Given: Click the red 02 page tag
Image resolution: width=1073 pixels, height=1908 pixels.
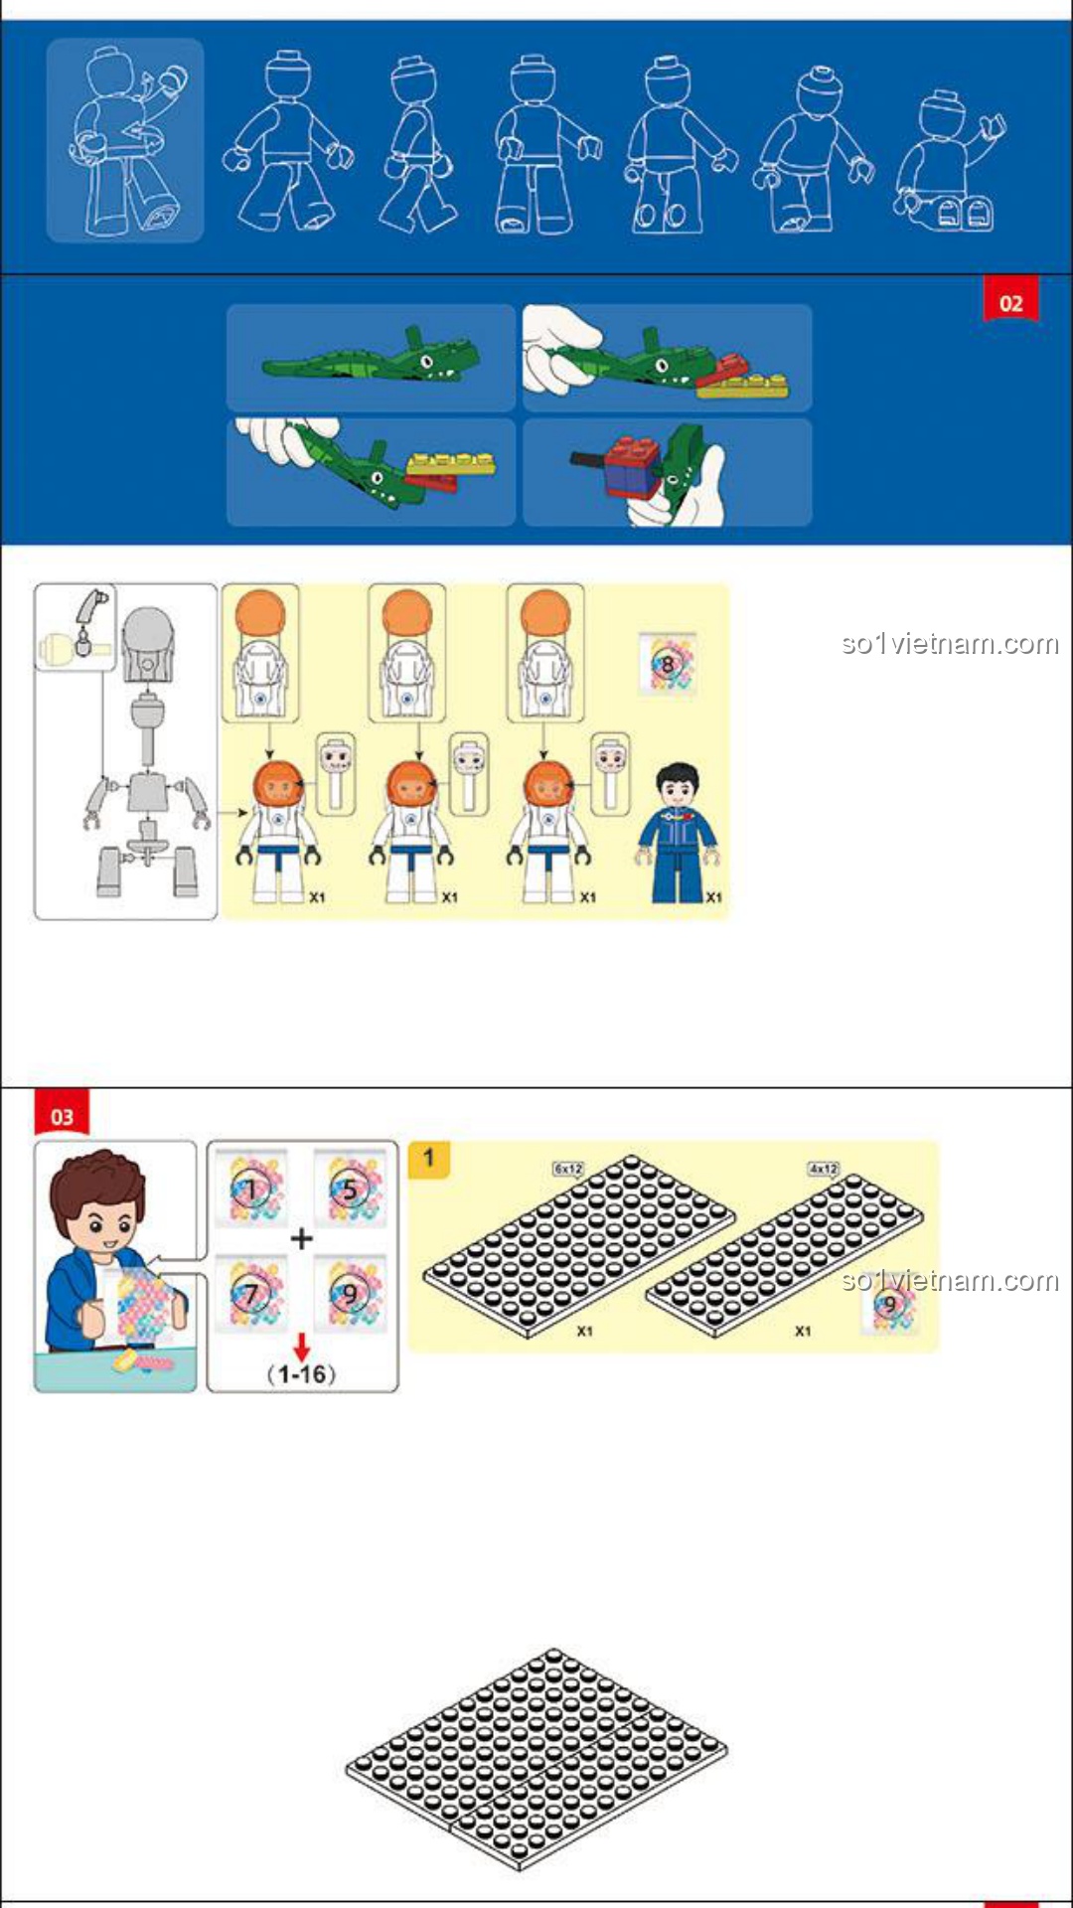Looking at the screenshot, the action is pyautogui.click(x=1010, y=301).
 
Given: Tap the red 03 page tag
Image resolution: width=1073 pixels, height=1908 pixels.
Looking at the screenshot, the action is pyautogui.click(x=62, y=1114).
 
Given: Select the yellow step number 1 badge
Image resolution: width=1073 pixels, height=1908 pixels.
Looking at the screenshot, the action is pyautogui.click(x=429, y=1159).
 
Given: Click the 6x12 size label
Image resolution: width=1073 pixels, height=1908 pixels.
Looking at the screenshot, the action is pyautogui.click(x=568, y=1169).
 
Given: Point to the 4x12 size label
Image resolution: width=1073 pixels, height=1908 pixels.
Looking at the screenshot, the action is pyautogui.click(x=824, y=1169).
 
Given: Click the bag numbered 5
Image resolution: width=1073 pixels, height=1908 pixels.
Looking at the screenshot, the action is pyautogui.click(x=350, y=1189).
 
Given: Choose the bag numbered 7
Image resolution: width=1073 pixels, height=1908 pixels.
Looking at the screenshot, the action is pyautogui.click(x=252, y=1294).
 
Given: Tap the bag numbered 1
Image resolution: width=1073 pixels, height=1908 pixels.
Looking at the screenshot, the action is pyautogui.click(x=252, y=1189).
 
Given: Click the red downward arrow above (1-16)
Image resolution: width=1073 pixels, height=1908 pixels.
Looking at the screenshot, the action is pyautogui.click(x=301, y=1347).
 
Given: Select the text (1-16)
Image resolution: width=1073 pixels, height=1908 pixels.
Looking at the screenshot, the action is pyautogui.click(x=301, y=1374).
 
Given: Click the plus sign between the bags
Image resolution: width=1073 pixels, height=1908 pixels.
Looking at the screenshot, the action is pyautogui.click(x=301, y=1239).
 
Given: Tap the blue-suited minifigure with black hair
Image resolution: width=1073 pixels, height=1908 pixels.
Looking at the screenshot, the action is pyautogui.click(x=679, y=833).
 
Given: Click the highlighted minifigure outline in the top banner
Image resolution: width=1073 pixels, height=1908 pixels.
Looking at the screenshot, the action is pyautogui.click(x=125, y=140).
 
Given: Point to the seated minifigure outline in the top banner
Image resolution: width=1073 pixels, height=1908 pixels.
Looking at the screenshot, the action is pyautogui.click(x=949, y=162).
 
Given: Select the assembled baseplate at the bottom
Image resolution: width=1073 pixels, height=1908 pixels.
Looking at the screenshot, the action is pyautogui.click(x=536, y=1759).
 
